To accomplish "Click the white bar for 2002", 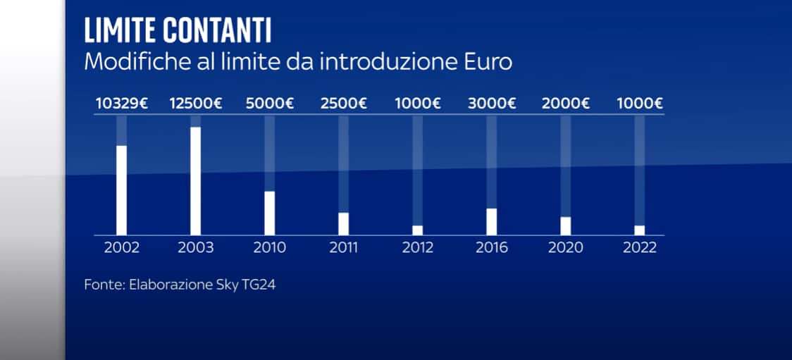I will [x=121, y=190].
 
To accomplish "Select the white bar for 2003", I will [x=195, y=180].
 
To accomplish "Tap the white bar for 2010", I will [x=269, y=212].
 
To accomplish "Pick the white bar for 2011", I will [x=343, y=223].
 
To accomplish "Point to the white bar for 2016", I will [x=491, y=221].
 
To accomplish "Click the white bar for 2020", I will [x=565, y=225].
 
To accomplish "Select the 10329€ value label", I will [x=122, y=104].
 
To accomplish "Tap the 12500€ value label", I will [x=196, y=104].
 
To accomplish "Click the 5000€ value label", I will [x=270, y=104].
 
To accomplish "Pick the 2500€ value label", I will [x=344, y=104].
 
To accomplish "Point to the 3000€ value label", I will [x=492, y=104].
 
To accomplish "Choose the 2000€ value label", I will [x=566, y=104].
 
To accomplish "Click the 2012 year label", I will [x=417, y=248].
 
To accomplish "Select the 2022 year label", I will [x=639, y=248].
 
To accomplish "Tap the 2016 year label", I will [x=491, y=248].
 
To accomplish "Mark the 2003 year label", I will [x=195, y=248].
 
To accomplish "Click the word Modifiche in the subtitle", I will [x=128, y=61].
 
